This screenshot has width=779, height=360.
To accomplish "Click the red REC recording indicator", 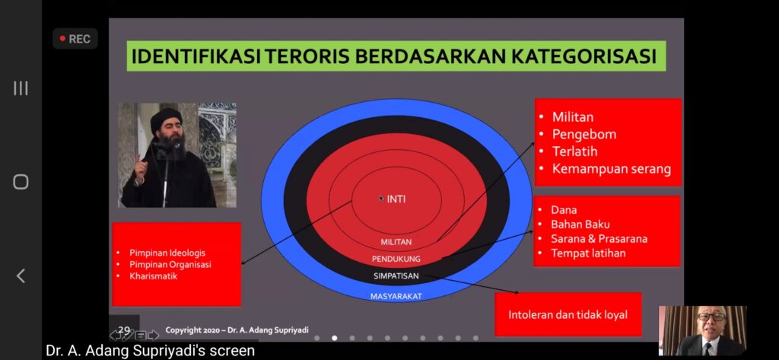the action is click(75, 39).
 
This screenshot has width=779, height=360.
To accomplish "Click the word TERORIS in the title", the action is click(309, 56).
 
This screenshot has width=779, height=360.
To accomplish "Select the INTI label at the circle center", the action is click(396, 199).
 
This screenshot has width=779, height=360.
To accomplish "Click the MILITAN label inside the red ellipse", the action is click(396, 242).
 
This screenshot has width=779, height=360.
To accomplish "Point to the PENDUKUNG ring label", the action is click(396, 259).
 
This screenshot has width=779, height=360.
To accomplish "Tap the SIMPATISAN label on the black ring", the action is click(396, 276).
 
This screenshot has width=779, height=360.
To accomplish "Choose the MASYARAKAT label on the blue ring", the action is click(396, 296).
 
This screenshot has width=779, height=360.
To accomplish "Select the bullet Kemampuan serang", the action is click(612, 169).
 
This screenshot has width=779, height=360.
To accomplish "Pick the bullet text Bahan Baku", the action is click(580, 225).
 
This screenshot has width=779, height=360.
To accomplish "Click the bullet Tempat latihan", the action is click(588, 253).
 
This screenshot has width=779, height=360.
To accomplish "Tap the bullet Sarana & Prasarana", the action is click(599, 239).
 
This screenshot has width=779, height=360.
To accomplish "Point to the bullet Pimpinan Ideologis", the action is click(167, 253).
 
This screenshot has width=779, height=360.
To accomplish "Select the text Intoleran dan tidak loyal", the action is click(568, 315).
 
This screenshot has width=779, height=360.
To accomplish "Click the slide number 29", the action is click(124, 330).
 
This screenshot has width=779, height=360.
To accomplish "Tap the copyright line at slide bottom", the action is click(237, 330).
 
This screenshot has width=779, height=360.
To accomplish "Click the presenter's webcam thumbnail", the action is click(702, 330).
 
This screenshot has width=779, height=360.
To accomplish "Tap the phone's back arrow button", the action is click(21, 276).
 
